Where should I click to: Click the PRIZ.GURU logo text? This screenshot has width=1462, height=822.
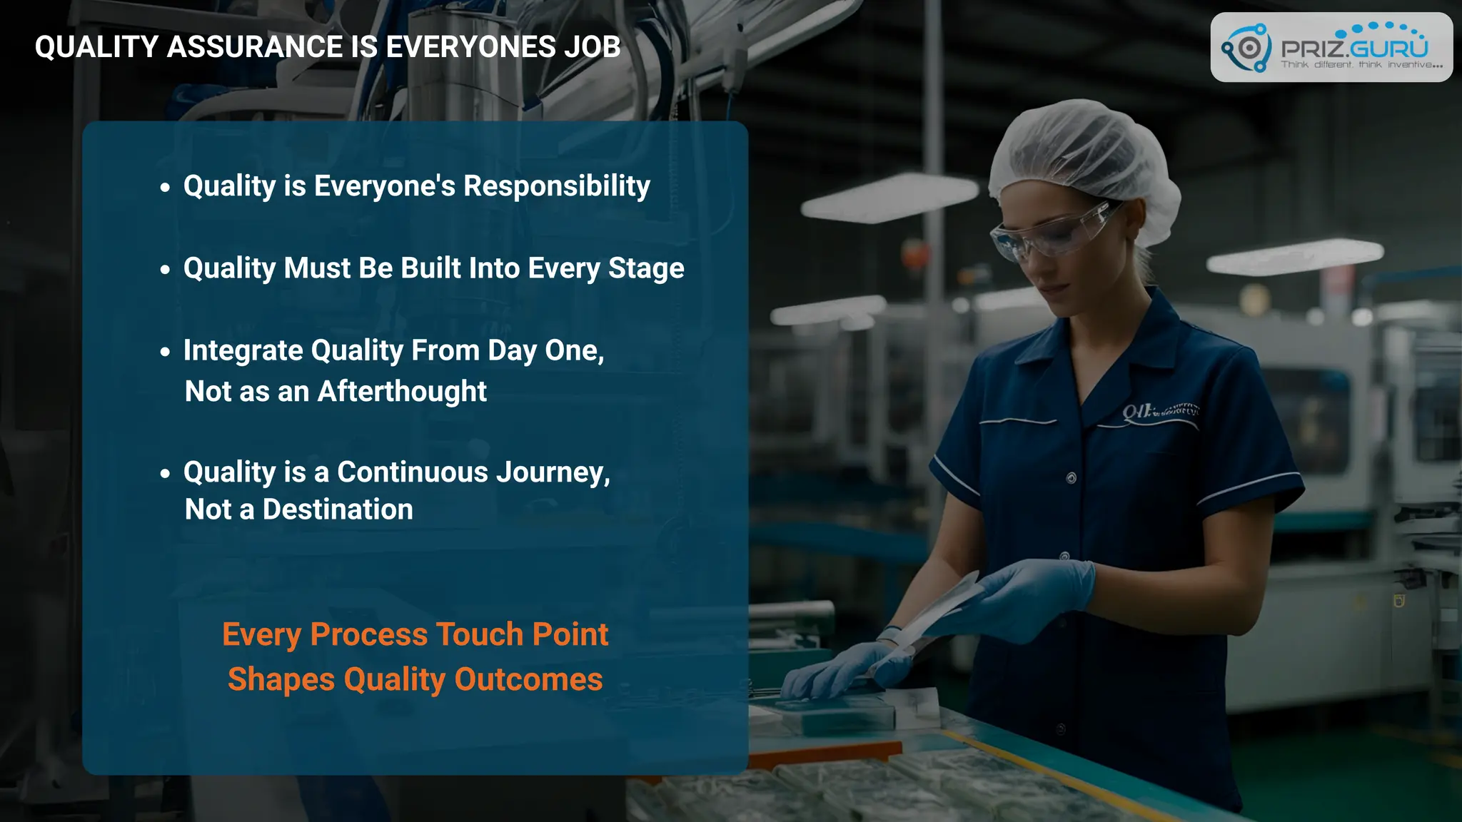click(1354, 49)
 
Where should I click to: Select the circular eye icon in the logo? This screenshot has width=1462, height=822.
click(1249, 49)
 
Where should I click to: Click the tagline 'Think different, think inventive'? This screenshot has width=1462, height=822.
click(1361, 65)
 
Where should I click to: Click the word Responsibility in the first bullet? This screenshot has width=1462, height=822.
click(556, 186)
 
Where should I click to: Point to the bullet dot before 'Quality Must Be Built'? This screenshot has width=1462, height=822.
click(166, 270)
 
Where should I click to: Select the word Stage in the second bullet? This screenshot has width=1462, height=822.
click(645, 268)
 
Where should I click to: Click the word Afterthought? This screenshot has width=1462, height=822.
click(402, 391)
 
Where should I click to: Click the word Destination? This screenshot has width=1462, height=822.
click(338, 509)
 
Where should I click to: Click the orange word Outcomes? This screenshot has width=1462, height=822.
click(528, 679)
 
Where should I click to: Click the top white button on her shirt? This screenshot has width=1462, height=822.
click(1071, 478)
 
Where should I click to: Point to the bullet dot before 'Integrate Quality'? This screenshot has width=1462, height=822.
click(166, 352)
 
